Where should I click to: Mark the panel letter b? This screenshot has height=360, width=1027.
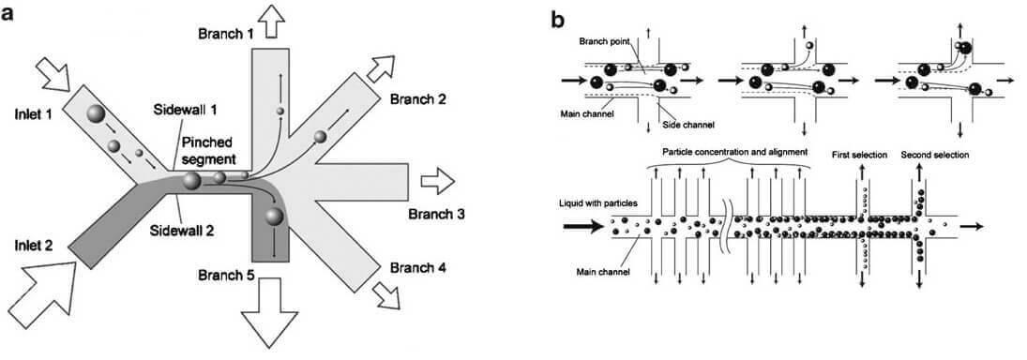click(x=558, y=21)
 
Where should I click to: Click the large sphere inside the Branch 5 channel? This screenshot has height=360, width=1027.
click(x=275, y=217)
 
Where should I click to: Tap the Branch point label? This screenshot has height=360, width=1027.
click(x=603, y=41)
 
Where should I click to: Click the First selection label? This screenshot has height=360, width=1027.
click(x=859, y=155)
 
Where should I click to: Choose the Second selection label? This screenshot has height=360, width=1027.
click(x=935, y=155)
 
